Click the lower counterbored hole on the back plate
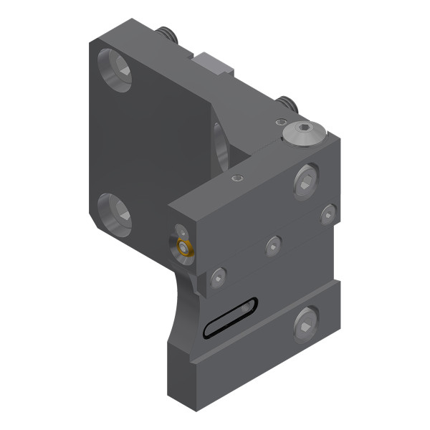(115, 212)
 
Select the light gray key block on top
(214, 66)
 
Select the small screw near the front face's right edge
(328, 212)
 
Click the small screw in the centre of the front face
(273, 246)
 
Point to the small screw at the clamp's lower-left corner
(218, 275)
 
